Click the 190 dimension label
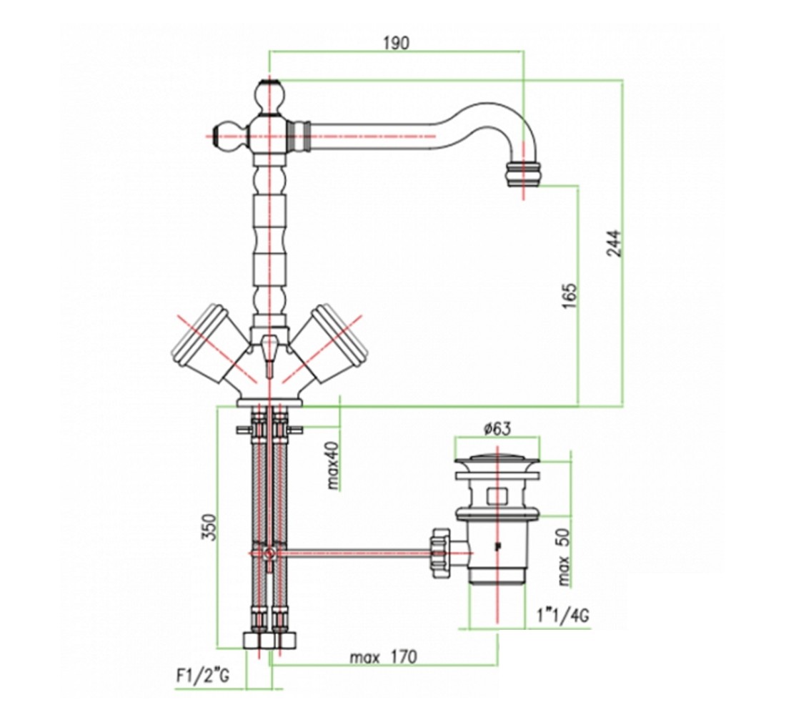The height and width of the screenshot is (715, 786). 396,44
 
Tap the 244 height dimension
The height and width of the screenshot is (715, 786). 614,244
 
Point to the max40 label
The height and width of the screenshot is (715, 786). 334,465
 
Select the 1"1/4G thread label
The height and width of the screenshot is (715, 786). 562,615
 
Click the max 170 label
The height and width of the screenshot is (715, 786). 383,657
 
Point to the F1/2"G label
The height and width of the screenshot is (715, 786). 202,676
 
